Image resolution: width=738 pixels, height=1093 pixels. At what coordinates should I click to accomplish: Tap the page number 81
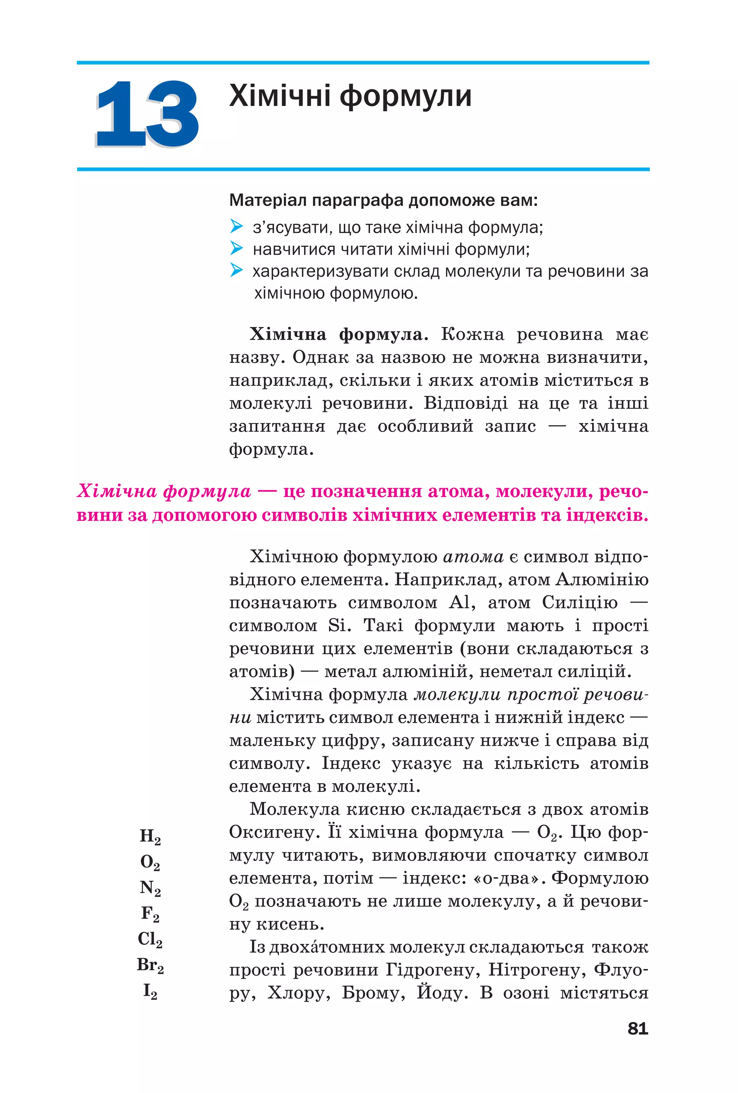point(637,1029)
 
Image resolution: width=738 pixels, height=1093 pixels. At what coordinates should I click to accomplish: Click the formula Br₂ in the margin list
point(150,965)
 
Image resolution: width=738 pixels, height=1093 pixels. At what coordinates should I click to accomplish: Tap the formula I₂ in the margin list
point(150,991)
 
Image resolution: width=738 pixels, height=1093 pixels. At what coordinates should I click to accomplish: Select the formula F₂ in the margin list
point(150,913)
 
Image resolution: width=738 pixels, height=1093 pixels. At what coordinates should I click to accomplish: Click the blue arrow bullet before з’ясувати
point(236,226)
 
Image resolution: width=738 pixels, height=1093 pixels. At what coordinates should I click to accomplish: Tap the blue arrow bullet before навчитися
point(236,248)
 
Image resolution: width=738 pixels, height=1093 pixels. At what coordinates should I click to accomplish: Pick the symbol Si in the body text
point(338,625)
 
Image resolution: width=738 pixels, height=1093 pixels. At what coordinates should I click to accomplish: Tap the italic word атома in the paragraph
point(473,557)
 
